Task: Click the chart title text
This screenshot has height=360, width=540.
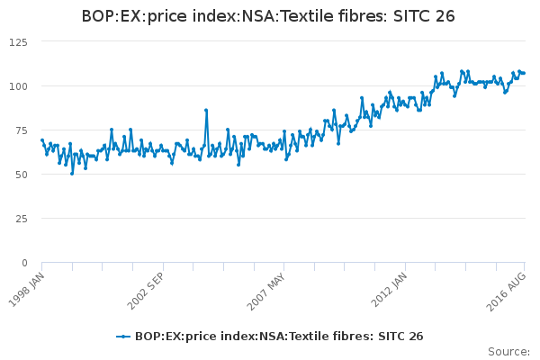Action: [268, 16]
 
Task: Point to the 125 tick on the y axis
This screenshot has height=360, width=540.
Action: [17, 42]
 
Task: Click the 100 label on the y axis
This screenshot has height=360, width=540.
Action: [17, 86]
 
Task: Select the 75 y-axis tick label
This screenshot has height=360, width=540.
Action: [20, 130]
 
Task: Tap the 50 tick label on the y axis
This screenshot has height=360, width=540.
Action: [20, 175]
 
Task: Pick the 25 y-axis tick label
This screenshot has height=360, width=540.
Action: [20, 219]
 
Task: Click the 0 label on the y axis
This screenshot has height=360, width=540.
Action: [24, 263]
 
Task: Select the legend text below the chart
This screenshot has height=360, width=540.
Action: [279, 337]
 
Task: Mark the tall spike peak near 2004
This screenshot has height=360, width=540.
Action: [206, 110]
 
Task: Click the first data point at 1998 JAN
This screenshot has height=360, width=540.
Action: [42, 140]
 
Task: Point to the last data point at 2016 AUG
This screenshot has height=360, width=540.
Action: [524, 73]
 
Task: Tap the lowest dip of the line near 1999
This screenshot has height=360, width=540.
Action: [72, 173]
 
